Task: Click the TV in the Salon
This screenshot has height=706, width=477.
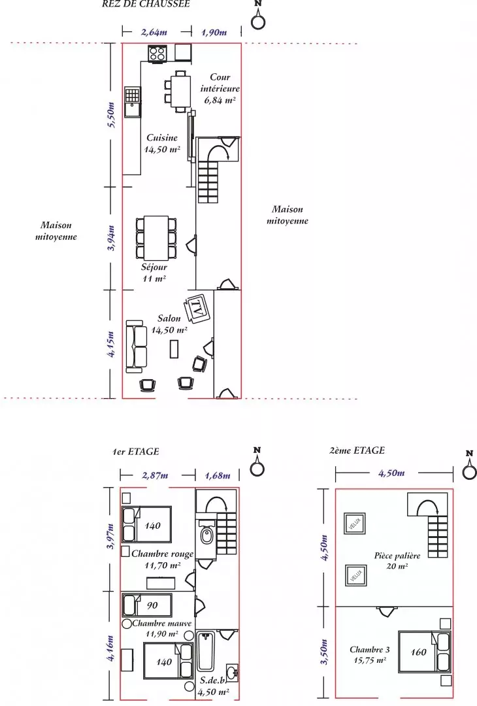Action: [197, 309]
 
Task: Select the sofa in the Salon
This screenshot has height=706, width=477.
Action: [137, 346]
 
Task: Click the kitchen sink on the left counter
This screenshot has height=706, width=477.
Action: [133, 102]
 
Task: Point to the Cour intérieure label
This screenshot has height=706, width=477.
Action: [220, 83]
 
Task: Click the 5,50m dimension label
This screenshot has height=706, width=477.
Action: [112, 115]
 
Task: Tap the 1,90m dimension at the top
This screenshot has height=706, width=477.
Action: [214, 32]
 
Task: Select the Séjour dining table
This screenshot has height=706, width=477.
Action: [156, 238]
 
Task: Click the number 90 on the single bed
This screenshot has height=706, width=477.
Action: [152, 605]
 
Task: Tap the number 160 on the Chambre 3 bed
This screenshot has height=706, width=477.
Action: [418, 652]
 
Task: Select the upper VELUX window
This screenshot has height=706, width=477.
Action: [355, 523]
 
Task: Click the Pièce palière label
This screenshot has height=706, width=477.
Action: [397, 556]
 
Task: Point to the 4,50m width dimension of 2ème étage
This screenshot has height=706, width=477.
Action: [391, 473]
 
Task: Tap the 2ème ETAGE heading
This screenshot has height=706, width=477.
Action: [357, 450]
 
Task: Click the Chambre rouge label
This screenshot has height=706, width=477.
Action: [163, 554]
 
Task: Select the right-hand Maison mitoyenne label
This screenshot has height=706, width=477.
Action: [288, 215]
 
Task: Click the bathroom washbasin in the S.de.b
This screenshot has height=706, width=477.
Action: [232, 672]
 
